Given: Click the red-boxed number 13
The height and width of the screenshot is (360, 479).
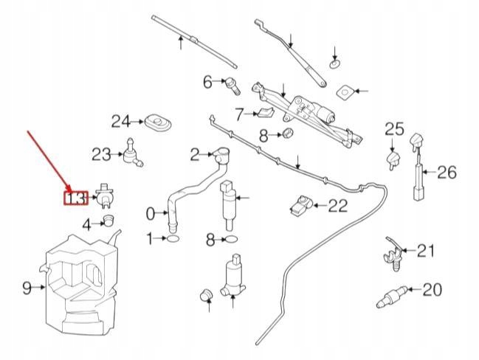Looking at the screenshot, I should (x=76, y=198).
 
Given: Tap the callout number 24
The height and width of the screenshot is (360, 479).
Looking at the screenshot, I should (x=121, y=121).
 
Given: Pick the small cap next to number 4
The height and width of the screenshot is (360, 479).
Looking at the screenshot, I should (x=110, y=220).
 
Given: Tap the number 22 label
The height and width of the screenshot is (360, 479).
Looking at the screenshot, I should (x=337, y=206).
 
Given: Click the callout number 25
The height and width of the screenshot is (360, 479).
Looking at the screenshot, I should (x=395, y=129).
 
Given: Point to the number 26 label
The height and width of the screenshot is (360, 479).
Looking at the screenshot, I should (x=447, y=173).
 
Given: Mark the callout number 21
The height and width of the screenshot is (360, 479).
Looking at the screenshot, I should (x=426, y=252).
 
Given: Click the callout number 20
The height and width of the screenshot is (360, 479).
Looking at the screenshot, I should (x=431, y=289).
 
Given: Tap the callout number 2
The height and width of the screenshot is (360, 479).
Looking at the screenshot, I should (x=195, y=154).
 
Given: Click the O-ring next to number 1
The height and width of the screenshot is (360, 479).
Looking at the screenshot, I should (x=171, y=239).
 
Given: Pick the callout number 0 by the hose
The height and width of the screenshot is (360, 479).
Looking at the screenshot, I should (x=151, y=214).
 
